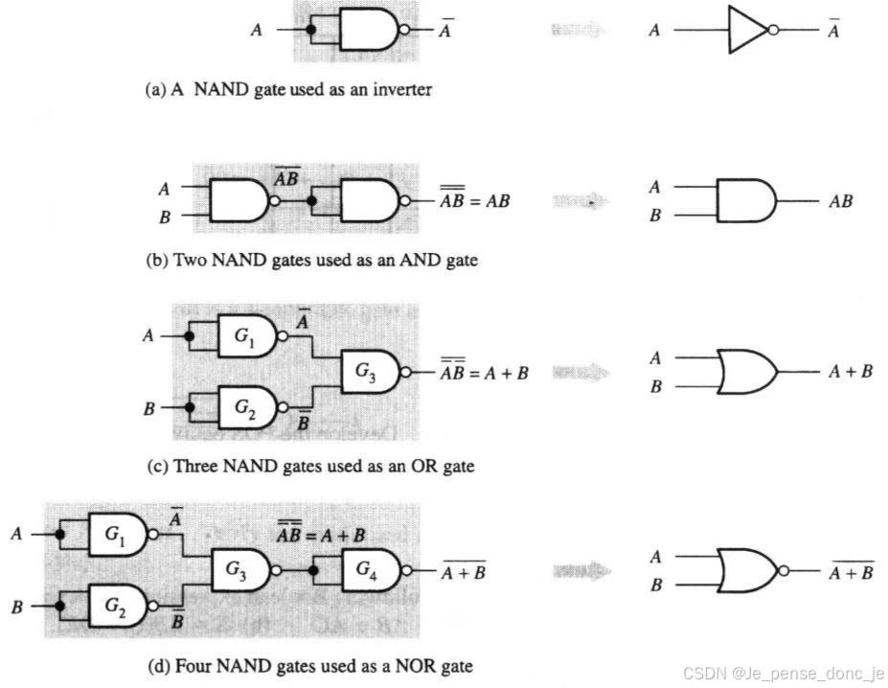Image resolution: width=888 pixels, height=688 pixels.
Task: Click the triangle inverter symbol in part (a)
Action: [x=745, y=30]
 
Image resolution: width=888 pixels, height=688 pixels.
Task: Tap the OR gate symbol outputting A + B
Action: [x=747, y=372]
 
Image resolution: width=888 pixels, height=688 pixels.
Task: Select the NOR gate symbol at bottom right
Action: [x=747, y=571]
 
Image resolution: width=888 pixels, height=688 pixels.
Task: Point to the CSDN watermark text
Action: [x=783, y=674]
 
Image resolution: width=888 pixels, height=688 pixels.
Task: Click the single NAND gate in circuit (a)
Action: [x=368, y=30]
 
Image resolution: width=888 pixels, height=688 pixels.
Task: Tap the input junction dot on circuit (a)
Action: [x=310, y=30]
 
